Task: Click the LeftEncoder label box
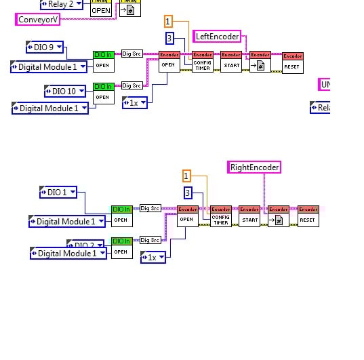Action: coord(217,37)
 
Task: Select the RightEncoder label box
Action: coord(254,167)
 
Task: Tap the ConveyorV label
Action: coord(37,19)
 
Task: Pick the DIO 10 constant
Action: coord(64,91)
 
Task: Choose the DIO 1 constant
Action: coord(58,192)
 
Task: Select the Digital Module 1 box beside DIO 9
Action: coord(49,66)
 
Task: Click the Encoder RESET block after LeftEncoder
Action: coord(293,62)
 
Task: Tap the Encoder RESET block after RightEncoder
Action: coord(308,216)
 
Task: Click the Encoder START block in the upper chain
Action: coord(231,62)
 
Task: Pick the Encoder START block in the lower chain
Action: coord(249,216)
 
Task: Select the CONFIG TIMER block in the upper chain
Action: coord(203,62)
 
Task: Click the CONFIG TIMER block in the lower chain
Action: coord(220,216)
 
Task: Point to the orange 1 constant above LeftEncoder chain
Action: coord(168,22)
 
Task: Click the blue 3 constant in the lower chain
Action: coord(188,193)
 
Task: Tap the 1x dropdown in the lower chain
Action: coord(153,257)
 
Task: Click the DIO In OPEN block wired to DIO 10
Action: coord(102,93)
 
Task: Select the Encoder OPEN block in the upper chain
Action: coord(168,62)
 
